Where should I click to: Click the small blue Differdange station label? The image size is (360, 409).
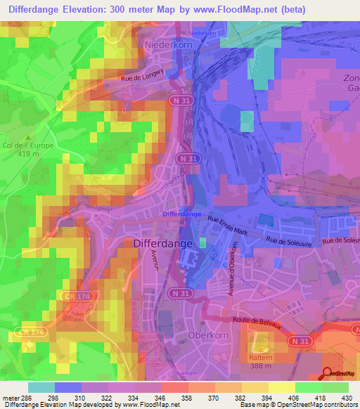[x=181, y=214]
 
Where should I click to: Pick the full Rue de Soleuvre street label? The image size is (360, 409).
[x=289, y=240]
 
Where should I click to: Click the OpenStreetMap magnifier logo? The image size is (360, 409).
[x=327, y=373]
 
